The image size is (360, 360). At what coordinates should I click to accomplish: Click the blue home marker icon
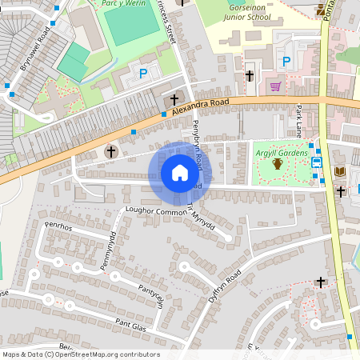tap(180, 172)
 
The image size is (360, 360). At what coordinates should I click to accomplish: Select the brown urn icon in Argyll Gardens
tap(278, 164)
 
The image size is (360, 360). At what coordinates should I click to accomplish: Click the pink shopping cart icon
tap(275, 86)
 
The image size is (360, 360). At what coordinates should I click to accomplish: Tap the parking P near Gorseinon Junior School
tap(286, 62)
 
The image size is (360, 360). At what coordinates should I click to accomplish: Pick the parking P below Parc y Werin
tap(144, 73)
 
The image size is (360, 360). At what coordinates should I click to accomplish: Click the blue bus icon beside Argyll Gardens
tap(317, 163)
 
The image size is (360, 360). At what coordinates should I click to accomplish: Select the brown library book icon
tap(339, 171)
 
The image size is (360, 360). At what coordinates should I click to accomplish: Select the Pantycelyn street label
tap(151, 294)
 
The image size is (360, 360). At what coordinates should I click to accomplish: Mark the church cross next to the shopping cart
tap(250, 76)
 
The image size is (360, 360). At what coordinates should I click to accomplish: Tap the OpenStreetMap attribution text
tap(81, 354)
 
